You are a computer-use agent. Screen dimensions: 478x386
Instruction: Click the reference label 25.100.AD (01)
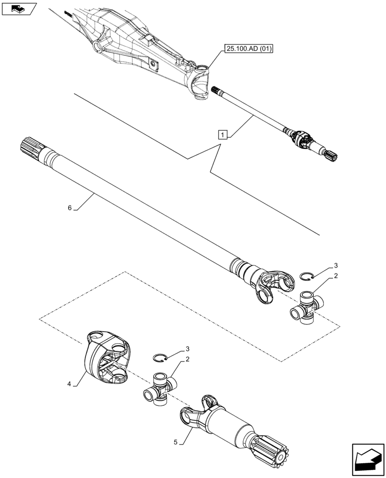[247, 49]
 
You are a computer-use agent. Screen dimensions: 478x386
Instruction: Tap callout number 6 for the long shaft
[70, 207]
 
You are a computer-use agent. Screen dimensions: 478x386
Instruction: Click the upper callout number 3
[336, 265]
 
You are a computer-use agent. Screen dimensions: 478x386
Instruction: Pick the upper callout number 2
[336, 276]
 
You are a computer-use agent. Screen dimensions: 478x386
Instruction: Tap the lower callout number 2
[190, 360]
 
